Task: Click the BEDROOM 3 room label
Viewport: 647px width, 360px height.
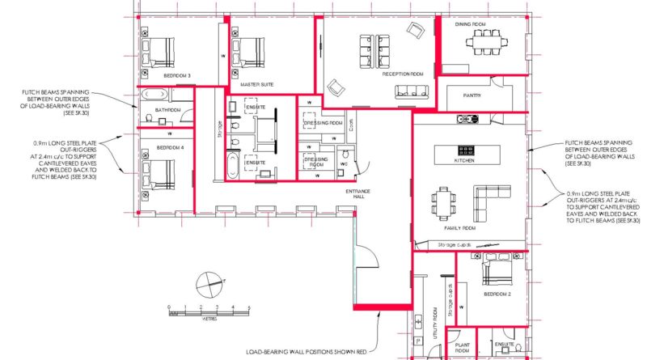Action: point(177,75)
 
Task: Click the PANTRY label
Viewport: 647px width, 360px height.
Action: point(472,95)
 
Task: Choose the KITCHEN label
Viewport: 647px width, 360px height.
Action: point(464,161)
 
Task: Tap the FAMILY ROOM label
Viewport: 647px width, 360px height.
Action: point(459,228)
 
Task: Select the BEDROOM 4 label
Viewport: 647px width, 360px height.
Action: point(170,148)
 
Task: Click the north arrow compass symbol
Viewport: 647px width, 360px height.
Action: point(208,284)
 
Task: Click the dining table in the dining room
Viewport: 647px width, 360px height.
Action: point(481,40)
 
